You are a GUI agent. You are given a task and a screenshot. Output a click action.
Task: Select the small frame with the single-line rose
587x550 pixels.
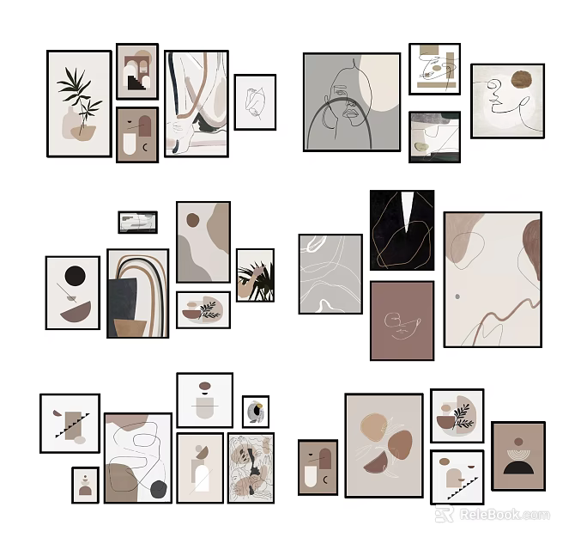tap(255, 101)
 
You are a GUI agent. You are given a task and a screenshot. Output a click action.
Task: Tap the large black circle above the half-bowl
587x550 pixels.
tap(76, 277)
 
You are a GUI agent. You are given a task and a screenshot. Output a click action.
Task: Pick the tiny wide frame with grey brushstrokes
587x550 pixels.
tap(137, 222)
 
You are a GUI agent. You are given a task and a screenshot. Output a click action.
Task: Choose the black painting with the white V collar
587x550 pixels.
tap(402, 229)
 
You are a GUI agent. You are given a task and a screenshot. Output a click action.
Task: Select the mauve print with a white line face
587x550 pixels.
tap(402, 321)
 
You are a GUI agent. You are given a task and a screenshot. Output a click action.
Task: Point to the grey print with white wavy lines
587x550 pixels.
tap(330, 273)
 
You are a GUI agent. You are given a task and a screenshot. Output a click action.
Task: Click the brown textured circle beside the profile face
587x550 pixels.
tap(522, 80)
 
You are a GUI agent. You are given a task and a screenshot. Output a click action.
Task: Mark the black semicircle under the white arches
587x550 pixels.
tap(517, 467)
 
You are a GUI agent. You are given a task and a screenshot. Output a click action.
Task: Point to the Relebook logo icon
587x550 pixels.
tap(444, 514)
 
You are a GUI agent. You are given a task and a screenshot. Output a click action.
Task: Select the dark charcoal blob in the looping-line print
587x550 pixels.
tap(159, 489)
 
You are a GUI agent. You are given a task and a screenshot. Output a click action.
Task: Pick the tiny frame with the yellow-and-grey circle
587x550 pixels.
tap(255, 412)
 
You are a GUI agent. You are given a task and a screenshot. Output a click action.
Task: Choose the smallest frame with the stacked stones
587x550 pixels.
tap(85, 485)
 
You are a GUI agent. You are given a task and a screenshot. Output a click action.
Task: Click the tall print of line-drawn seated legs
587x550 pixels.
tap(196, 103)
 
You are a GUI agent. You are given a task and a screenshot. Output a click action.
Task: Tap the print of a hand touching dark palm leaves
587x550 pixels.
tap(255, 275)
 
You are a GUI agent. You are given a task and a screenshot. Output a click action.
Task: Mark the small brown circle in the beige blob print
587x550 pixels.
tap(194, 217)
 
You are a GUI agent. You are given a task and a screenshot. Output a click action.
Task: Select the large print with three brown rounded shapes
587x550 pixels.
tap(384, 445)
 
